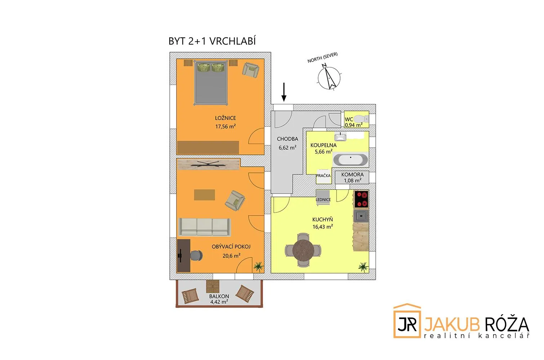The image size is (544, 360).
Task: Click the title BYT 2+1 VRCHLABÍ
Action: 212,41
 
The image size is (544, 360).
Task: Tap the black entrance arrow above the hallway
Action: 284,92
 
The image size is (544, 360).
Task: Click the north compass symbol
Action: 329,77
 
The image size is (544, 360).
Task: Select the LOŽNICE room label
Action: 226,118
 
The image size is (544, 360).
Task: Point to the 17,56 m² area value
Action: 226,126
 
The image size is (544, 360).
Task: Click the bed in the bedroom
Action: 211,83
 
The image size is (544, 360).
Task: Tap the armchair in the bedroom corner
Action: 251,70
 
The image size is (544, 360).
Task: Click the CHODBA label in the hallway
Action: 287,139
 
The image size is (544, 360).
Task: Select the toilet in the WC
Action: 361,119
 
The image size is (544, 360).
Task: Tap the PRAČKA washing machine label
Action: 323,176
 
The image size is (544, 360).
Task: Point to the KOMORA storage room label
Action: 352,175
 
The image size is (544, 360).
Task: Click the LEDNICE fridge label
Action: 323,199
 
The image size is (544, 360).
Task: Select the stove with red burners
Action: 361,199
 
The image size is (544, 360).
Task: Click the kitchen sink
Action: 361,216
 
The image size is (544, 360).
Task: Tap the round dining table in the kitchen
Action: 303,250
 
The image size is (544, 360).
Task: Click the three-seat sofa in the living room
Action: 205,227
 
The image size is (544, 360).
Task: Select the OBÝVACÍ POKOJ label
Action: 231,247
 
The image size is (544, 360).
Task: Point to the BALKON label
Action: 219,296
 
